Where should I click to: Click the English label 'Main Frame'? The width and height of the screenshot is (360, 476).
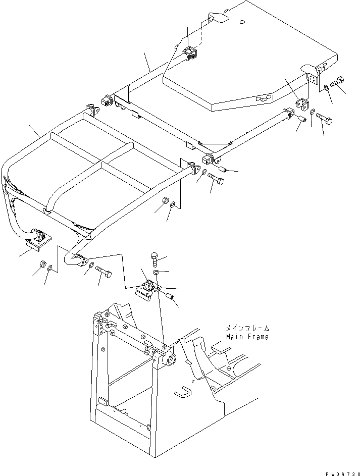[x=247, y=337]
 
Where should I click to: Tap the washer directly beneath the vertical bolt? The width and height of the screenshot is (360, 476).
[x=156, y=273]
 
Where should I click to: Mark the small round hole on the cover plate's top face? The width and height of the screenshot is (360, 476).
[x=243, y=22]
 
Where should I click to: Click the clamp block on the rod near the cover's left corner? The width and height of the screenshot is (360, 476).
[x=190, y=54]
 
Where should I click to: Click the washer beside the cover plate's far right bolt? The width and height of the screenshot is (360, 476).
[x=327, y=88]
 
